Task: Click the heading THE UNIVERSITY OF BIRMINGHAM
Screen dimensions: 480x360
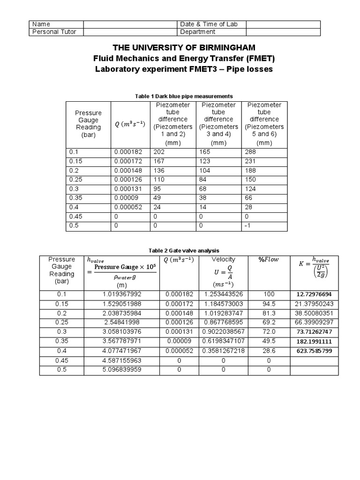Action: coord(184,48)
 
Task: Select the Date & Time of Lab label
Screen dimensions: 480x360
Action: coord(204,24)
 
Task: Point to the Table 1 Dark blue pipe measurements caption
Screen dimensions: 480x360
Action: coord(184,96)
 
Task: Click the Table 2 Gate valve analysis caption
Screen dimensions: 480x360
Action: coord(184,251)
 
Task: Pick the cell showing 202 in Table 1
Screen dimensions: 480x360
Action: coord(158,152)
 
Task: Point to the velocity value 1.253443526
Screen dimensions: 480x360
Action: coord(224,294)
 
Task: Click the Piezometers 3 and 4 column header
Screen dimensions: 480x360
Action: coord(218,123)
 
